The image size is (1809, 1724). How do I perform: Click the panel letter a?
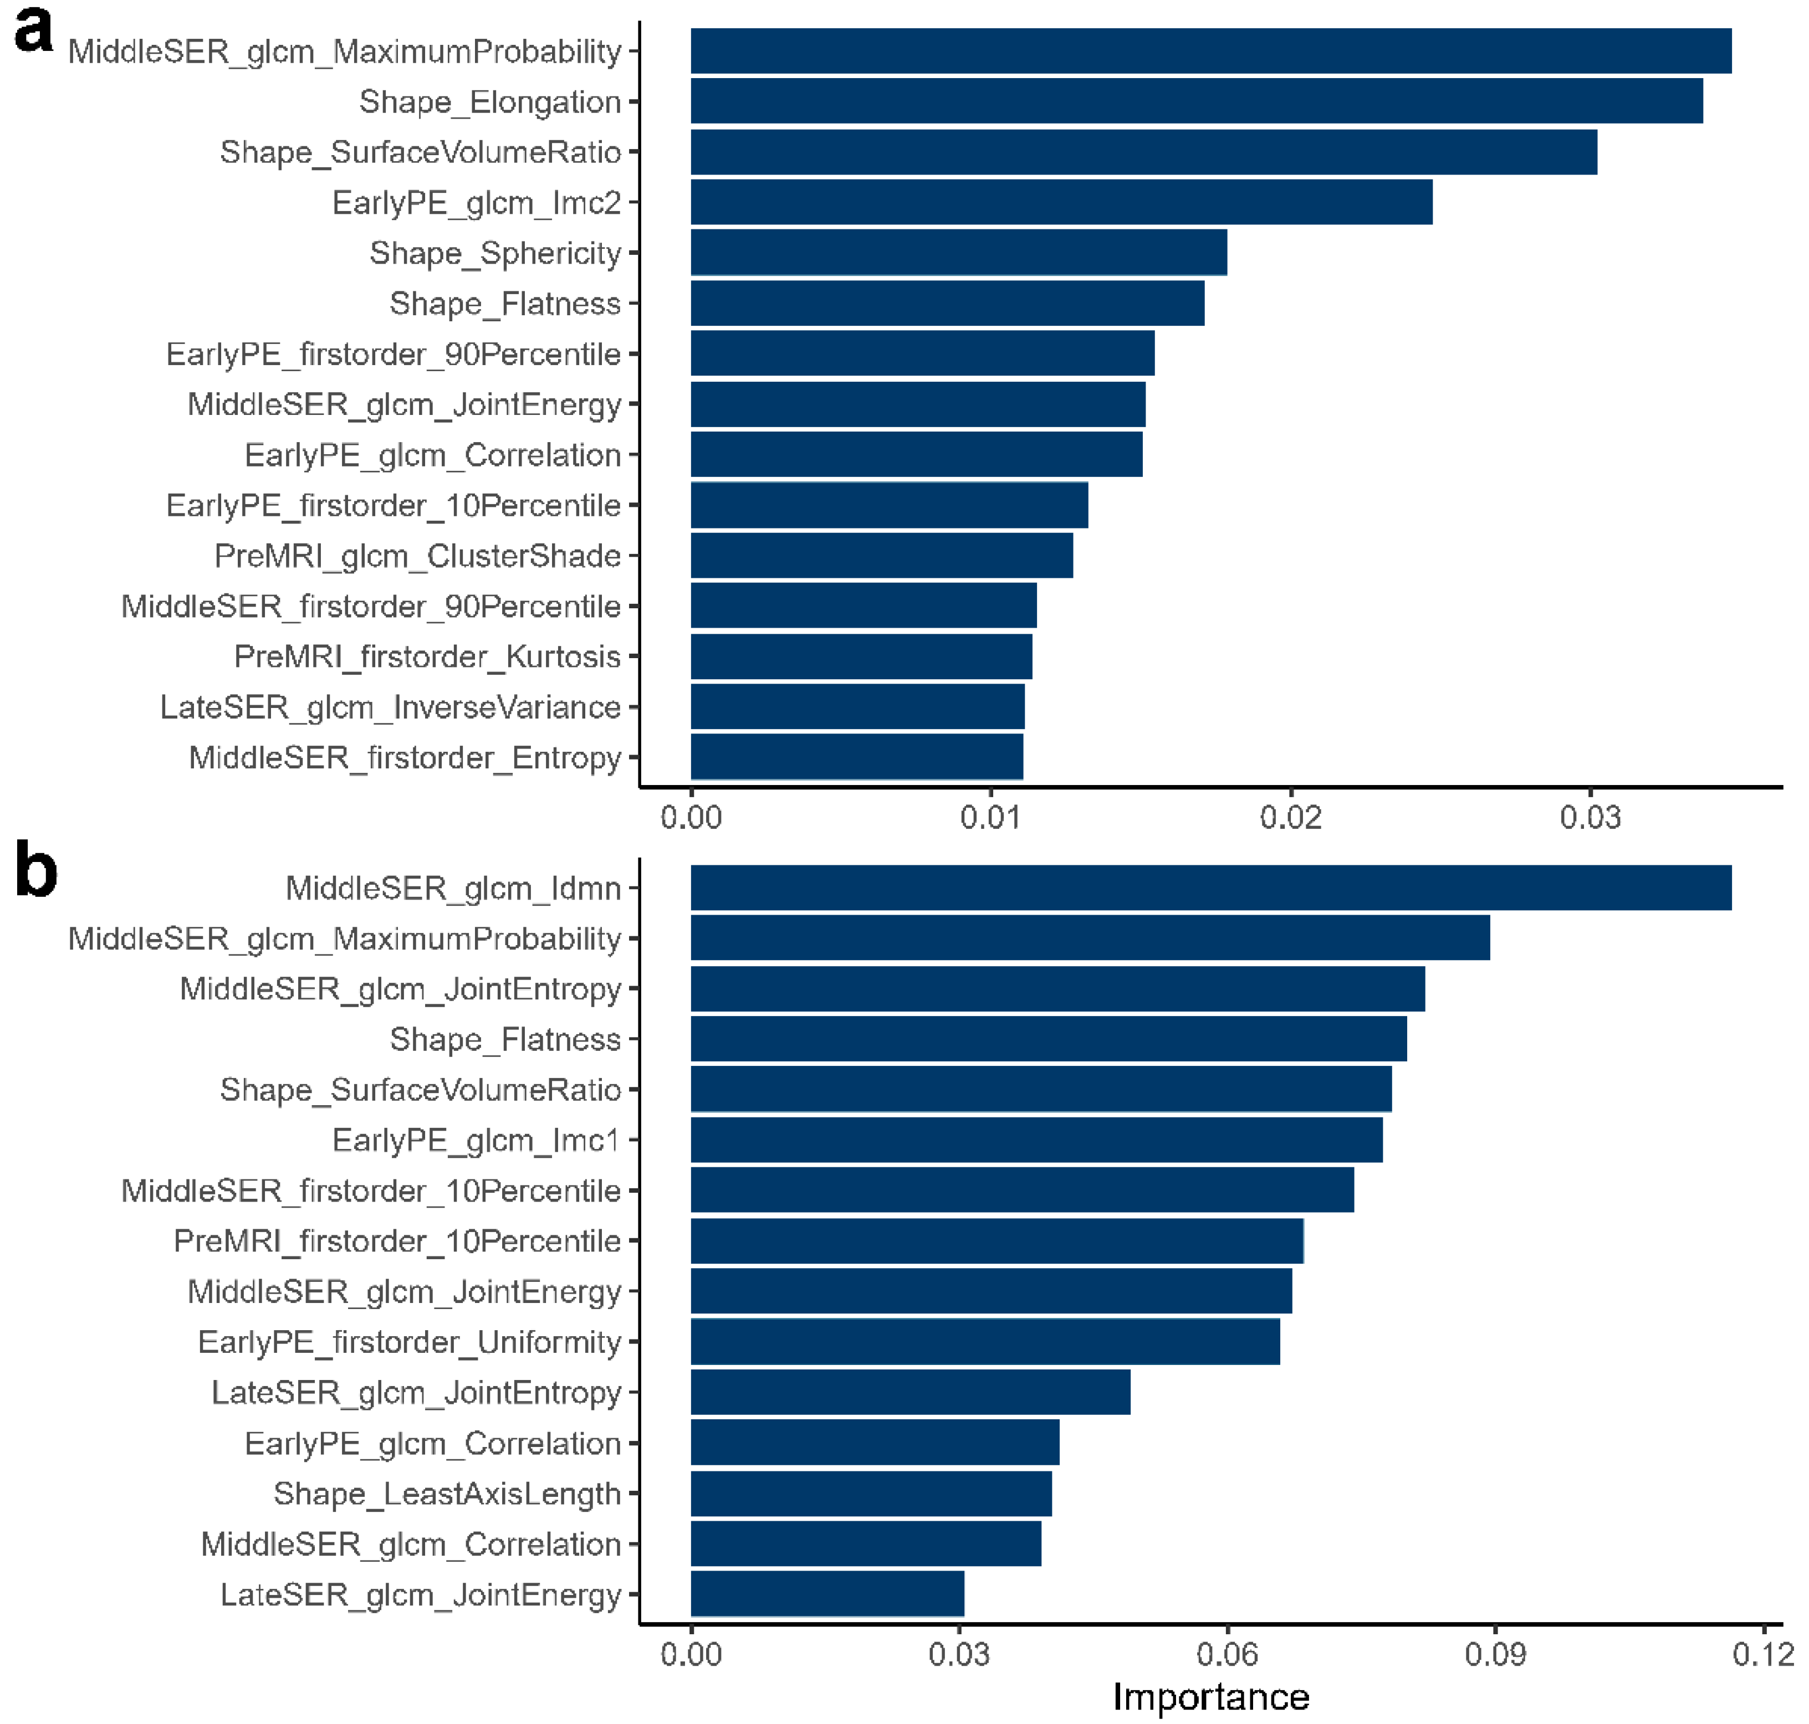click(33, 32)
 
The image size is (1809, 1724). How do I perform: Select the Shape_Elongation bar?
click(1195, 101)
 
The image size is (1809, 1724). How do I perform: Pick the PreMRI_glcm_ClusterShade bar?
click(881, 556)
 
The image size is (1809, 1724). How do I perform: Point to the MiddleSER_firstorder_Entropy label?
click(405, 758)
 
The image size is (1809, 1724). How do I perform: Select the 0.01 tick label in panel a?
click(990, 817)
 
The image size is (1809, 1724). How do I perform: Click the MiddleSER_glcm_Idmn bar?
click(1210, 887)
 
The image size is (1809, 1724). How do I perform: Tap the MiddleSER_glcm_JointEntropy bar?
click(1057, 989)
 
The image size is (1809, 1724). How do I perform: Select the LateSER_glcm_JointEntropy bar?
click(910, 1392)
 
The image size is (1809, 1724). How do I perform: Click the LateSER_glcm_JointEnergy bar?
click(827, 1594)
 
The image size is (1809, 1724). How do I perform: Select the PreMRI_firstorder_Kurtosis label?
click(427, 657)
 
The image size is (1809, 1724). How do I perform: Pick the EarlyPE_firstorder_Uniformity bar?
click(984, 1342)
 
